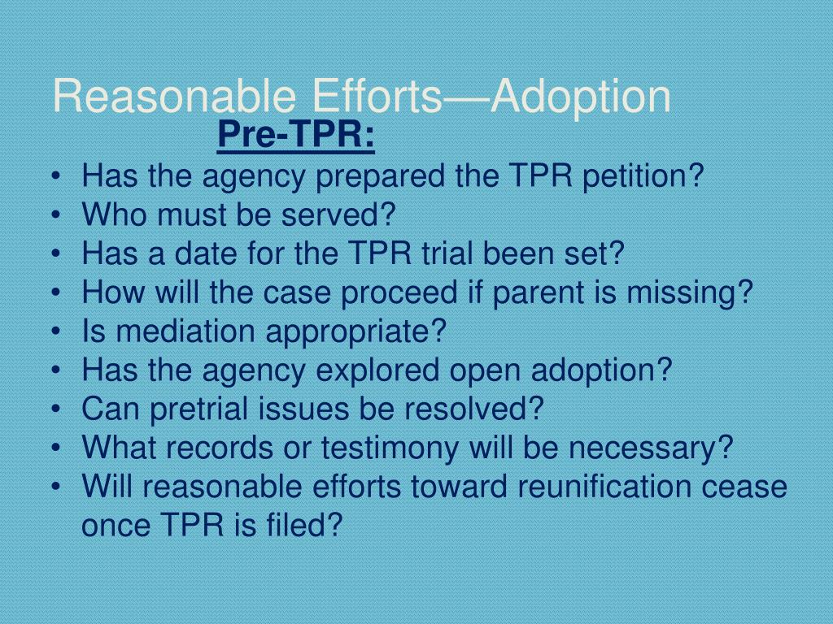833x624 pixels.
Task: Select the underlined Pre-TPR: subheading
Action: (x=296, y=135)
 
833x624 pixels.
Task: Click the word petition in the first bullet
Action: (x=643, y=176)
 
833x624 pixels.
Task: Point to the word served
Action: (x=338, y=214)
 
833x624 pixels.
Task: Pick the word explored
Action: (x=377, y=370)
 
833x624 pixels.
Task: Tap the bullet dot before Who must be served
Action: (x=55, y=215)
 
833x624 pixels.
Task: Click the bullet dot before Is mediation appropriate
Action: (x=55, y=332)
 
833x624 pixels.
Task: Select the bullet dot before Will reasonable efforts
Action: (x=55, y=487)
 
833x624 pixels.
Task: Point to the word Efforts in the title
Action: (x=377, y=96)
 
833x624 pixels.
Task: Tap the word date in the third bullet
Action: (x=206, y=253)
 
